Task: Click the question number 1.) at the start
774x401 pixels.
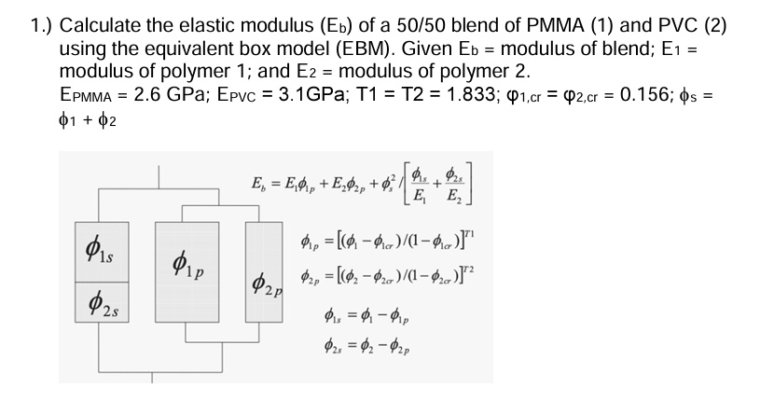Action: click(x=41, y=25)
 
